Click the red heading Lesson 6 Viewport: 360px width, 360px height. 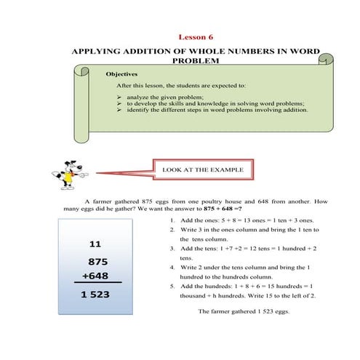196,37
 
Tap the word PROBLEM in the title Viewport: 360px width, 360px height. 196,60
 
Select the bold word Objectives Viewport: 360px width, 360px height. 121,74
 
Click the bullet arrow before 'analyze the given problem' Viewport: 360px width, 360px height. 119,97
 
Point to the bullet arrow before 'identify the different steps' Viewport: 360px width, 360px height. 119,110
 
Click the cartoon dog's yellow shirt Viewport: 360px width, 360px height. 68,177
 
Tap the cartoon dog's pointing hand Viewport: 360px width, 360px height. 84,175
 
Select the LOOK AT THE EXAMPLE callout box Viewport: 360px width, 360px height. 203,169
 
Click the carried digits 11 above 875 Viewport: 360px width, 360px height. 95,244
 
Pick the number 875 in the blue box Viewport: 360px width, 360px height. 98,262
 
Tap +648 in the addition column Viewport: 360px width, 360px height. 95,276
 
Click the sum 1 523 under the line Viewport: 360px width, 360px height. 95,295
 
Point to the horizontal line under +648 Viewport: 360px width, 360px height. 98,282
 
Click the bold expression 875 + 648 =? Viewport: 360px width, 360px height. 223,209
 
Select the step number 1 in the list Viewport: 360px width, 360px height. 172,220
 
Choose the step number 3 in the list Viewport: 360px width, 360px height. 172,249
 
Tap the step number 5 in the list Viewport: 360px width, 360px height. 172,287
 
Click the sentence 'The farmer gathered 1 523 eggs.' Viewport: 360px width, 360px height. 244,311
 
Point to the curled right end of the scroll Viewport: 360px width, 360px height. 327,60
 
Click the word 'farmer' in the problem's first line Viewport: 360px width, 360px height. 102,201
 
